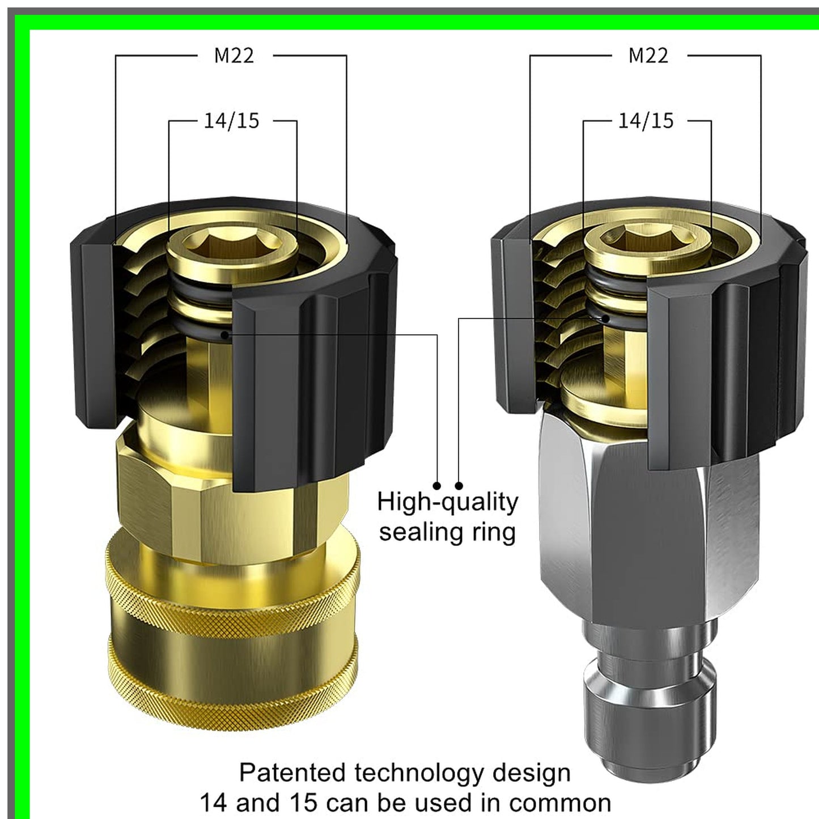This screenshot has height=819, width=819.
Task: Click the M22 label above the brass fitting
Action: (x=234, y=56)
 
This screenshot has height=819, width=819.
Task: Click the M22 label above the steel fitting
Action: (x=648, y=56)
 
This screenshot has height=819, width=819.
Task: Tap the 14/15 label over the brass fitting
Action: (x=231, y=121)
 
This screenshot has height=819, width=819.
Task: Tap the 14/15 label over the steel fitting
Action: (x=646, y=121)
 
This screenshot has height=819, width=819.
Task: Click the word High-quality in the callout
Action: (x=447, y=502)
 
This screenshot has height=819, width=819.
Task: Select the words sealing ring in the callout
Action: (x=447, y=532)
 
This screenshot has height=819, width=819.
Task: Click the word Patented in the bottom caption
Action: (x=292, y=773)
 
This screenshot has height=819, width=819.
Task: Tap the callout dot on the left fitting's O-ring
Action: (x=225, y=335)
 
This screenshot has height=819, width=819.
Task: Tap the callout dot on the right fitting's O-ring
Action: (x=606, y=319)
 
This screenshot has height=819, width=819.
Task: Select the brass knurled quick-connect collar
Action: (x=232, y=629)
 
